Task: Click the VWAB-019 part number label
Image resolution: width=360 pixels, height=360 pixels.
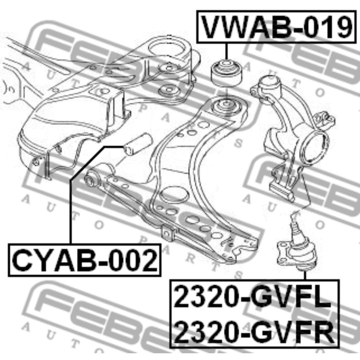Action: [x=277, y=27]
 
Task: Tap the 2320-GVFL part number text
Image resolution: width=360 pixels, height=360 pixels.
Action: [x=253, y=297]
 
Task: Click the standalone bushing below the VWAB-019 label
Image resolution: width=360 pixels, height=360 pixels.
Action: [x=226, y=73]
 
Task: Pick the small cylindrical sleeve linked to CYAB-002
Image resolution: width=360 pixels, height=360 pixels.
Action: [x=138, y=144]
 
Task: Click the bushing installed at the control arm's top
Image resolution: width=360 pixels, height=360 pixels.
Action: [x=226, y=106]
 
